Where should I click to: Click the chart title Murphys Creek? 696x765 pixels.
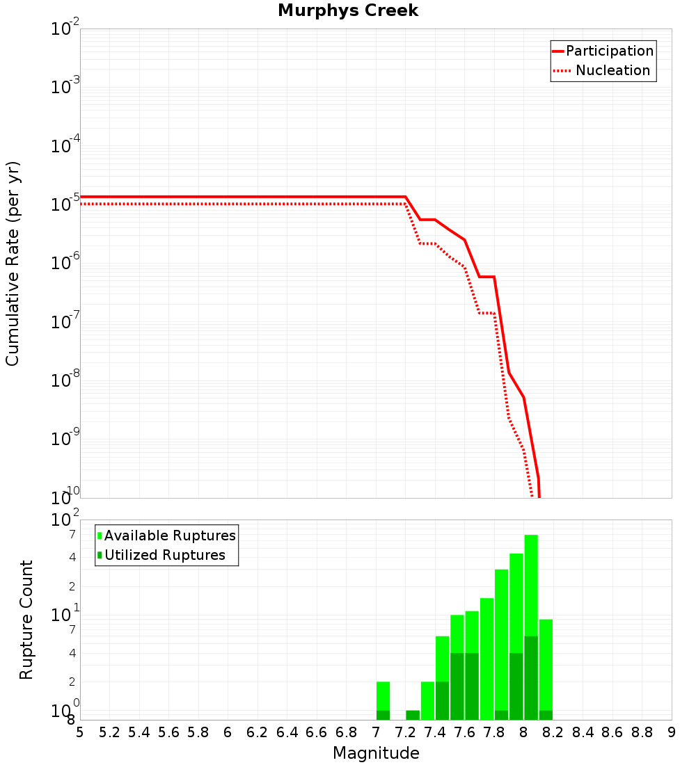pyautogui.click(x=348, y=11)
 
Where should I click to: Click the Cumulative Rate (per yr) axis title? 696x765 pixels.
pyautogui.click(x=13, y=264)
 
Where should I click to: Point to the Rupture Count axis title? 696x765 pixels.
pyautogui.click(x=26, y=620)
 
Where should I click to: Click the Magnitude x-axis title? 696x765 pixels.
pyautogui.click(x=376, y=753)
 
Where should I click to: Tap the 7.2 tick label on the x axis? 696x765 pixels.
pyautogui.click(x=405, y=732)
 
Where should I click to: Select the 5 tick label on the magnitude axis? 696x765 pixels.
pyautogui.click(x=80, y=732)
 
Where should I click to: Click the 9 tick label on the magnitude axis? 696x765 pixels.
pyautogui.click(x=672, y=732)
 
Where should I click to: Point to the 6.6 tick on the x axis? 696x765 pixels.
pyautogui.click(x=317, y=732)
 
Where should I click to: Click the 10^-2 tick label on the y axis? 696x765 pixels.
pyautogui.click(x=65, y=29)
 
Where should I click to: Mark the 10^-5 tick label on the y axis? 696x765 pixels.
pyautogui.click(x=65, y=204)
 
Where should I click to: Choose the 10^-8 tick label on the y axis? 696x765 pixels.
pyautogui.click(x=65, y=380)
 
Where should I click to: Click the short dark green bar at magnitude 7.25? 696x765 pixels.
pyautogui.click(x=413, y=715)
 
